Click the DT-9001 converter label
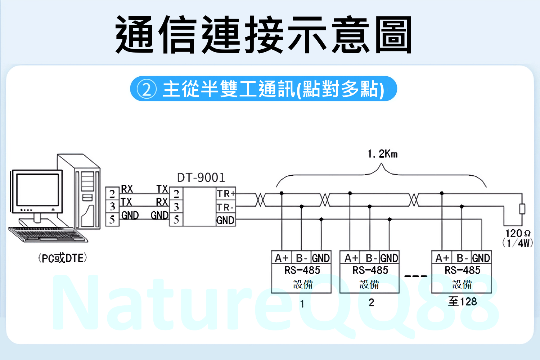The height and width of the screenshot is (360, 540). point(201,177)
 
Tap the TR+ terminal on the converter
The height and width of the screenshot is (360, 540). point(226,194)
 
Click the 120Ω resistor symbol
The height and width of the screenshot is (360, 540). point(522,209)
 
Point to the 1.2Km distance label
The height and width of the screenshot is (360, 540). point(382,154)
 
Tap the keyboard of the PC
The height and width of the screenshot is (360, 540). point(47,234)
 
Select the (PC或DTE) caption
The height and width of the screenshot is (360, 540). point(63,258)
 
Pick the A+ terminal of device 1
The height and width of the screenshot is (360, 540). point(282,258)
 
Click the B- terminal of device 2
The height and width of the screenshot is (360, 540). point(371,258)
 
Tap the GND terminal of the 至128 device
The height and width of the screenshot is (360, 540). point(481,258)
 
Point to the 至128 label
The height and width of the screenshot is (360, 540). point(462,302)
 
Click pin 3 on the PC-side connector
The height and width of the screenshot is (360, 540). point(112,207)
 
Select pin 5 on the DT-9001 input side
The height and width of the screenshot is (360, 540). point(176,220)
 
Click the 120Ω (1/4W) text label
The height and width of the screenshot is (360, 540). point(518,238)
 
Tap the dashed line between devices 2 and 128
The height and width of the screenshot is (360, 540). point(415,276)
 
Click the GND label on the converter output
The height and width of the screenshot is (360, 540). point(225,220)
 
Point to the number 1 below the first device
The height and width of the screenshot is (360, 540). point(302,304)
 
